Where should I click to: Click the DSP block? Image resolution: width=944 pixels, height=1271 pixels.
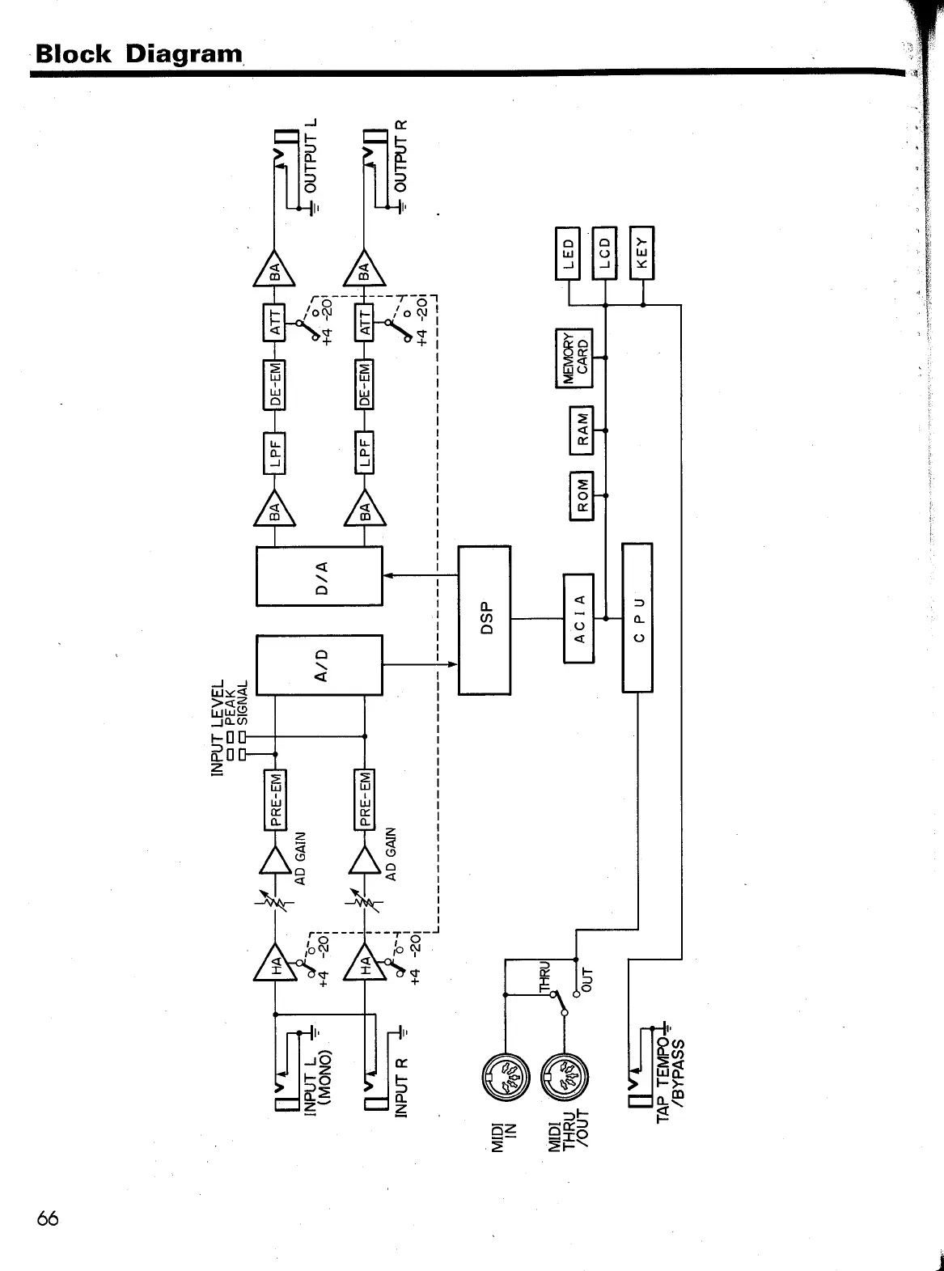[485, 621]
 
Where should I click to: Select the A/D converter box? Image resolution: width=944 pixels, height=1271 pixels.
[319, 665]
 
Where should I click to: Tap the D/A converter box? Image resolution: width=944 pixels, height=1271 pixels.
[319, 576]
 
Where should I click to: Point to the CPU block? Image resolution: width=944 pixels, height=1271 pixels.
[637, 617]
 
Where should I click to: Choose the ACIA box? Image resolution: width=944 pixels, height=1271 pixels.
[578, 617]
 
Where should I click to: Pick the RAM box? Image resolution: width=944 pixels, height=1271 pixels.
[582, 430]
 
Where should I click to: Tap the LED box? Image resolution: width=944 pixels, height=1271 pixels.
[568, 253]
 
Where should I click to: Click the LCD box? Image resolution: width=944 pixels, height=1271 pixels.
[604, 253]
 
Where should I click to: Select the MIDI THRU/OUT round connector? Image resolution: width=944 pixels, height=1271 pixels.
[565, 1076]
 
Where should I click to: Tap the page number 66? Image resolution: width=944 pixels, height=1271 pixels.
[48, 1218]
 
